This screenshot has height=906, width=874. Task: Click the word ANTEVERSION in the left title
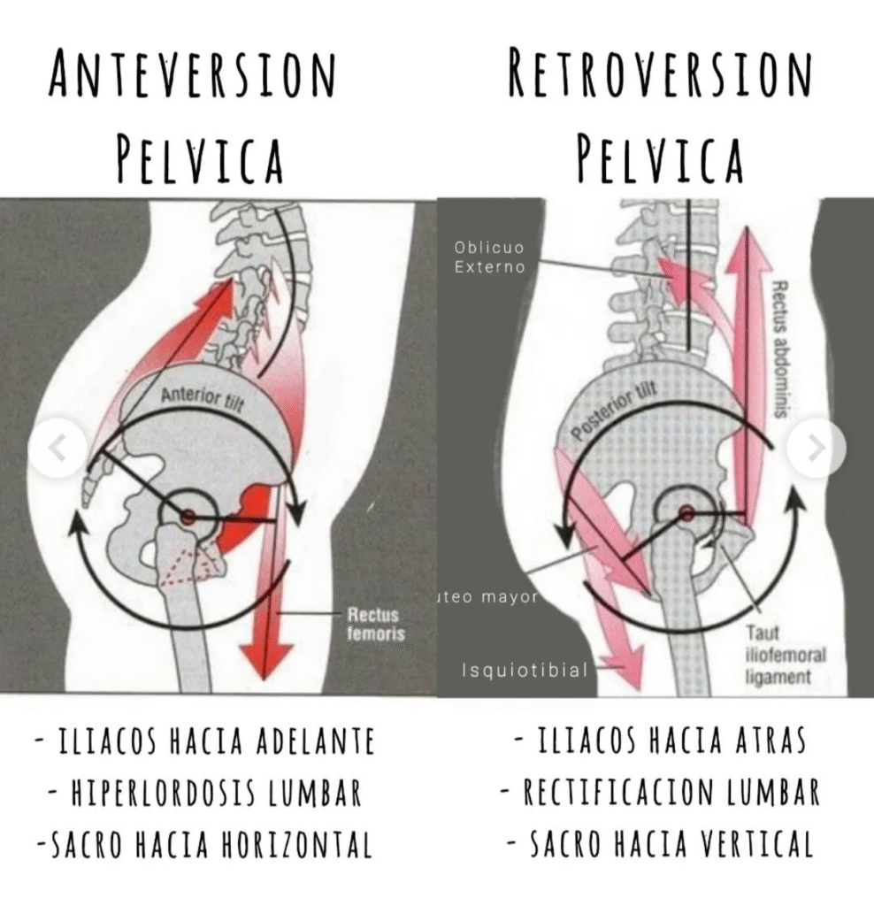coord(192,76)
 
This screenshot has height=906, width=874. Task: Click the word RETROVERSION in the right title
coord(659,76)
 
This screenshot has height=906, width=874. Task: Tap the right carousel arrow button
coord(816,449)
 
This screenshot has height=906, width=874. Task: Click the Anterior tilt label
coord(203,401)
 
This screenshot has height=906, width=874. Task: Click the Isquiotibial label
coord(525,671)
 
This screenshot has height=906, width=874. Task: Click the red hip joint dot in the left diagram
coord(188,516)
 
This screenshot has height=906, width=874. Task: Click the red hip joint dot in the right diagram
coord(686,512)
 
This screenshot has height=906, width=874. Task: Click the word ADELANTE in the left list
coord(315,741)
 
